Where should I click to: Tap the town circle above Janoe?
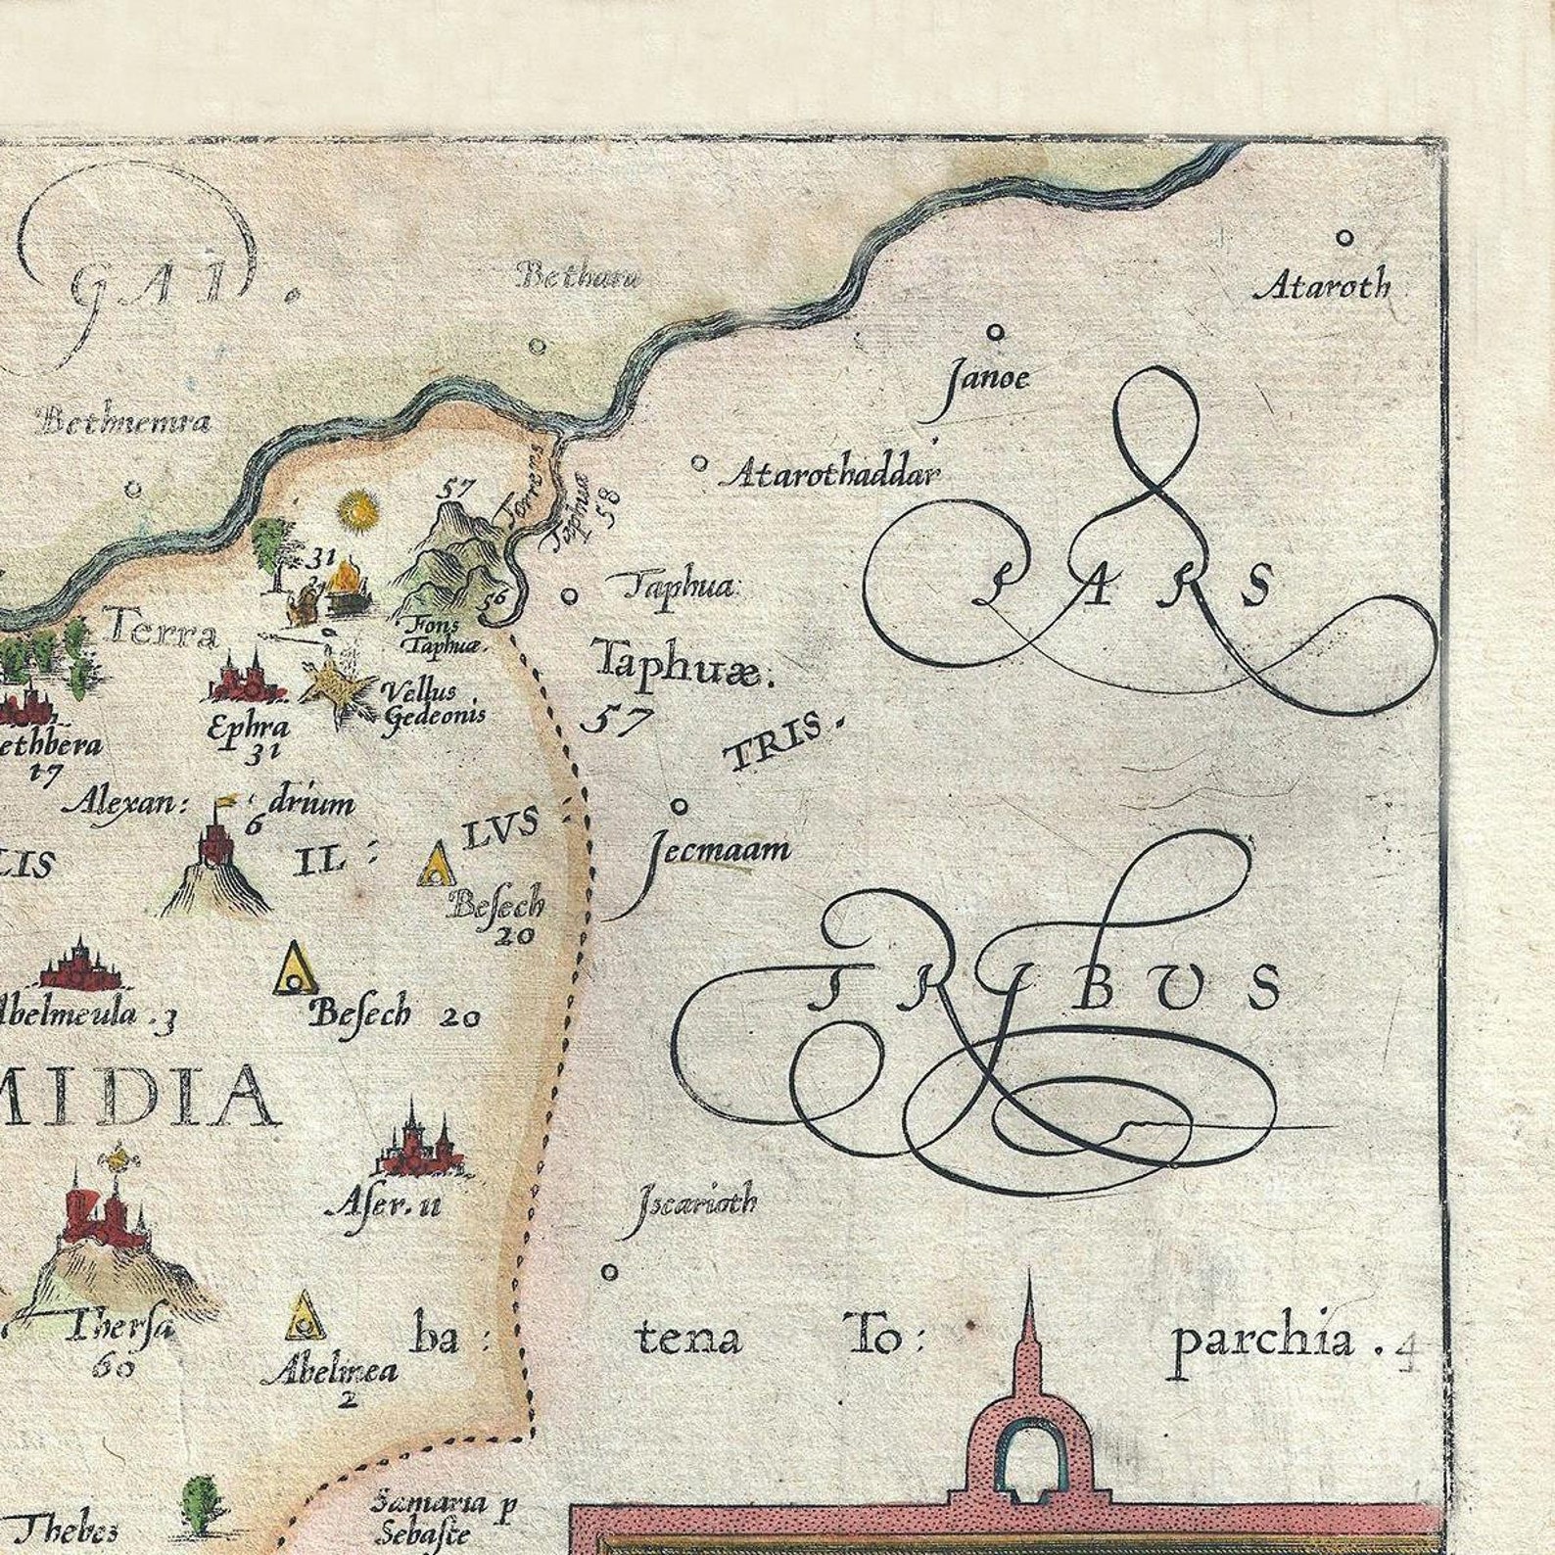click(996, 333)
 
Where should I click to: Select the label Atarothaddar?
click(831, 475)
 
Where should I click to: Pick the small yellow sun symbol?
click(358, 510)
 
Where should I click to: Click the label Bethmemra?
click(123, 422)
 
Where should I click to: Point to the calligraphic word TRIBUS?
click(1038, 989)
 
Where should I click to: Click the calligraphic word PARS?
click(1126, 585)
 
